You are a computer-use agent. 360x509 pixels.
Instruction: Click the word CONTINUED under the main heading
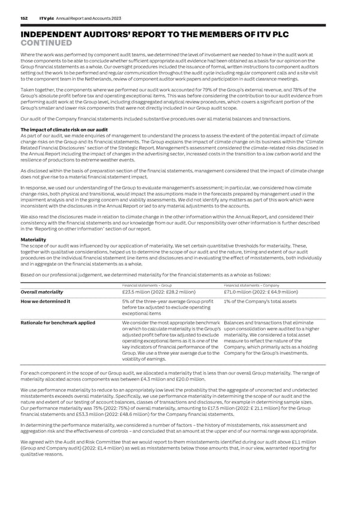[46, 43]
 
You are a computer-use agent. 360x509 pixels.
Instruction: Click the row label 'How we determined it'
[46, 301]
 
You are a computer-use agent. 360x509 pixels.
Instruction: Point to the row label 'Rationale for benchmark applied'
[57, 322]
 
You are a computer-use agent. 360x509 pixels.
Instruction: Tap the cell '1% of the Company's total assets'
[260, 301]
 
